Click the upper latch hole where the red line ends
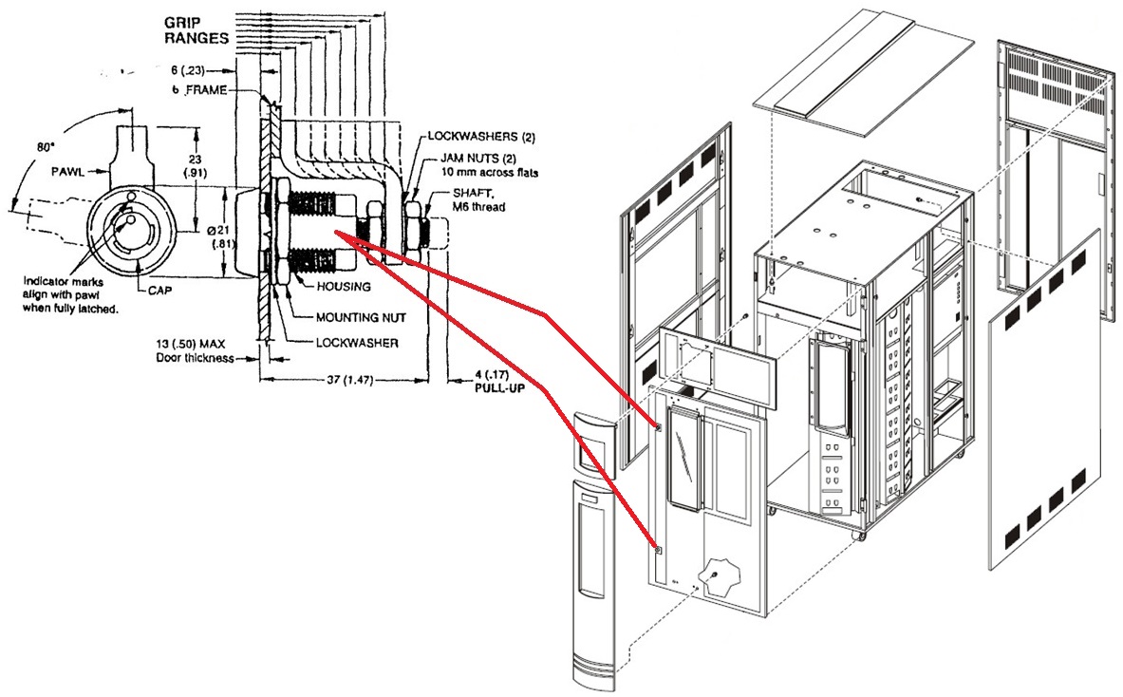657,427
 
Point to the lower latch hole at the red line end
657,549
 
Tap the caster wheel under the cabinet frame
860,537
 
